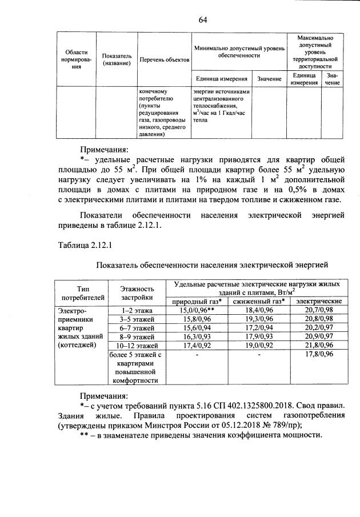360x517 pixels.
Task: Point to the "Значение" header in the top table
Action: (x=269, y=78)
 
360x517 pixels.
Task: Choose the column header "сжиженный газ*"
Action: (x=258, y=301)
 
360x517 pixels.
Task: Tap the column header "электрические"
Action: (x=319, y=301)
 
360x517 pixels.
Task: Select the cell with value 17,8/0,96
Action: (x=319, y=354)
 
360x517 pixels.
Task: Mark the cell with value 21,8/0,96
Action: (x=319, y=346)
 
